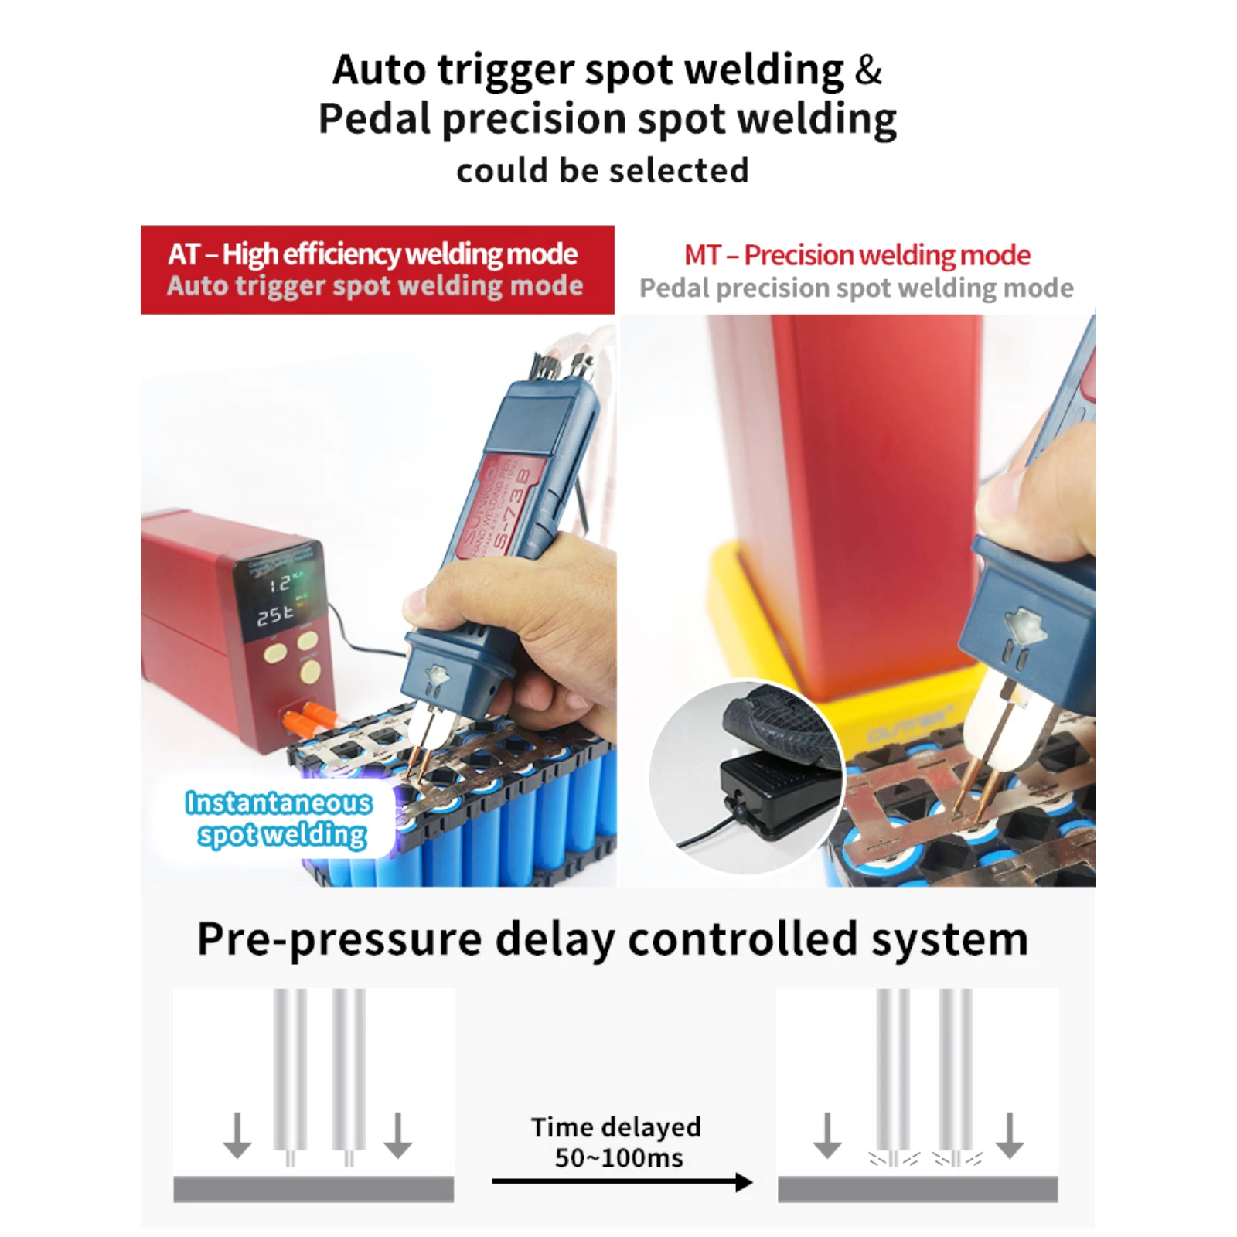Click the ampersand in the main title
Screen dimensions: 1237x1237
coord(868,70)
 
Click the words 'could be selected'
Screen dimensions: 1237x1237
coord(602,171)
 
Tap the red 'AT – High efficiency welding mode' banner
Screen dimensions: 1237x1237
coord(377,269)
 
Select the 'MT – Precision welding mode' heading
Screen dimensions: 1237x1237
coord(857,255)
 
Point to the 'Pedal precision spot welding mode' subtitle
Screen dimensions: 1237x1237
coord(856,288)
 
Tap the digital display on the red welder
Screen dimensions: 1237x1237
coord(280,598)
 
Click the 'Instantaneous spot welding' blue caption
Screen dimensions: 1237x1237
coord(279,819)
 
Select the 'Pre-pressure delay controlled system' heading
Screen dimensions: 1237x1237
coord(612,939)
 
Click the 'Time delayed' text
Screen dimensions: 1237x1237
coord(615,1127)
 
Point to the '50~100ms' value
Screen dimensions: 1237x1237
coord(618,1158)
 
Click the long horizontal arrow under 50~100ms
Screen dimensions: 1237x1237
coord(622,1181)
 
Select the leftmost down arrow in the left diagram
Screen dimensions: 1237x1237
coord(237,1135)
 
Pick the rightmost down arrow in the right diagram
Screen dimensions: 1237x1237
coord(1010,1135)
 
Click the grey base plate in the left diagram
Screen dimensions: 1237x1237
coord(313,1189)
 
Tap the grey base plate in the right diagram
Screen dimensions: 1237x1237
coord(918,1189)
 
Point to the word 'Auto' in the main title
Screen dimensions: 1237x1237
coord(379,70)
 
